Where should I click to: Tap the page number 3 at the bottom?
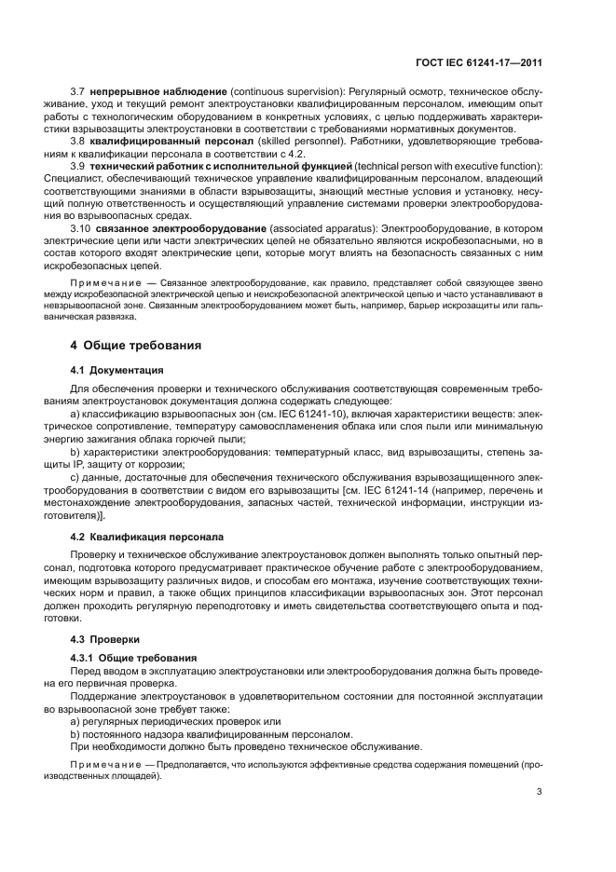click(x=540, y=793)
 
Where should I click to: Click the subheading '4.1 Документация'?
click(x=117, y=369)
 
